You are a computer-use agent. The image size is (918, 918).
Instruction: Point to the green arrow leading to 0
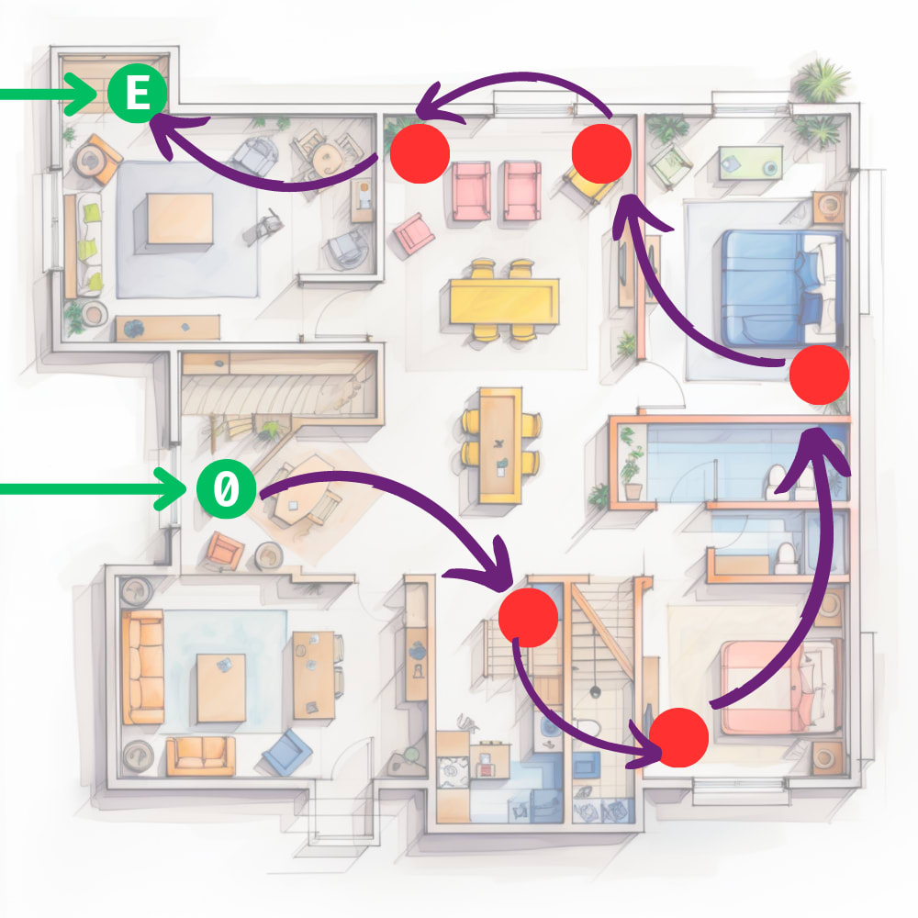click(x=92, y=488)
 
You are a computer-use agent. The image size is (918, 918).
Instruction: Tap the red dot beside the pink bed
click(x=679, y=737)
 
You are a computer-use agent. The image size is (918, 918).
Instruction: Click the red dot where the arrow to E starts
click(x=420, y=151)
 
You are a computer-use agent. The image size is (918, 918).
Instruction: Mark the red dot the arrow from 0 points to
click(x=528, y=617)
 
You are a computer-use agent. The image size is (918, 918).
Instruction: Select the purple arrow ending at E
click(x=266, y=179)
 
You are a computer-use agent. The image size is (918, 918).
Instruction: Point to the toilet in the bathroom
click(x=786, y=556)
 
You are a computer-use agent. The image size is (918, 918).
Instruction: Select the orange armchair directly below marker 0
click(x=224, y=551)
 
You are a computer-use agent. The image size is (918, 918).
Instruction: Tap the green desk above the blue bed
click(x=748, y=162)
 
